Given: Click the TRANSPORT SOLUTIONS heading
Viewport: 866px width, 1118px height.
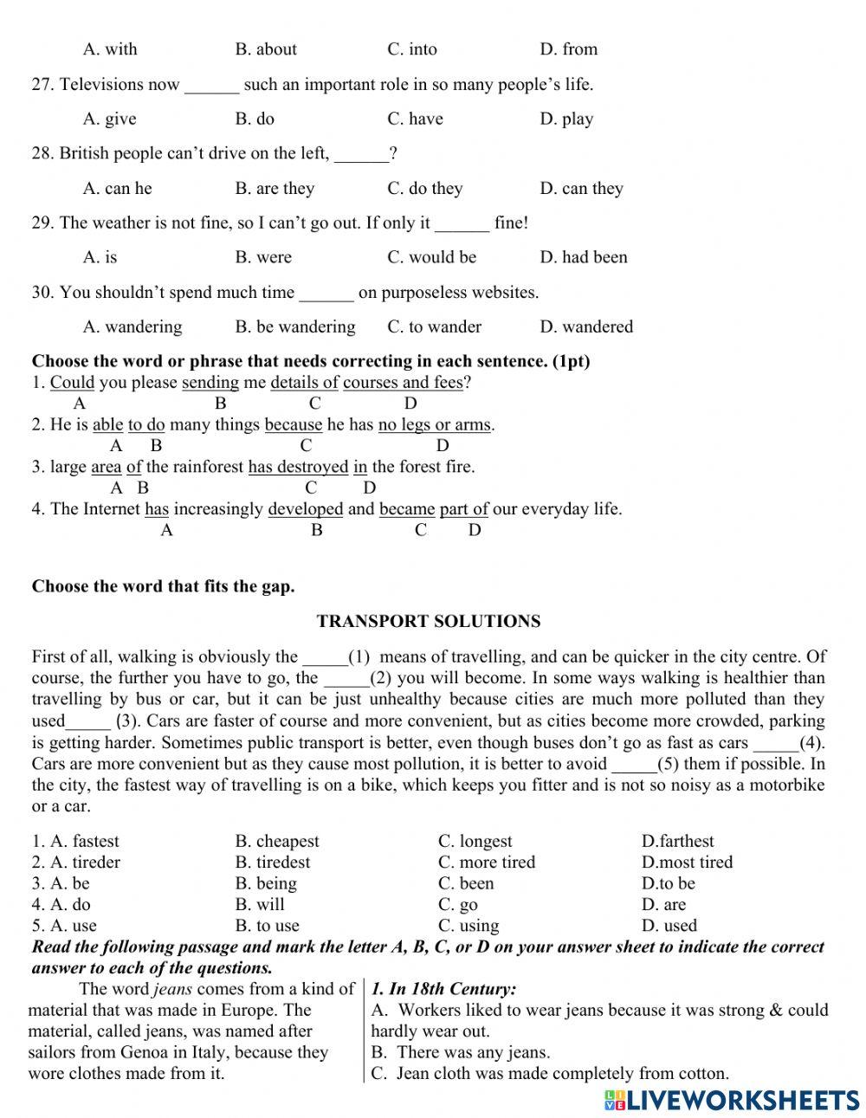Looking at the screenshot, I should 428,621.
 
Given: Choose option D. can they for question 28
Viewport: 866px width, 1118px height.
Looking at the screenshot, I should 581,188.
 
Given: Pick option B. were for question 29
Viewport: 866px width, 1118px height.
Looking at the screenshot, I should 263,257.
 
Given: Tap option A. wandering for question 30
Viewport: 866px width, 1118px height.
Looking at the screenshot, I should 132,326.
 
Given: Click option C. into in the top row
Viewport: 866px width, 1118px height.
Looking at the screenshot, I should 412,49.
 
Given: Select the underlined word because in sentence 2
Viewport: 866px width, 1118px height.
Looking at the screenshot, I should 293,424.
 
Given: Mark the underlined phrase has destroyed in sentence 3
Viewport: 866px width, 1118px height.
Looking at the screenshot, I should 298,467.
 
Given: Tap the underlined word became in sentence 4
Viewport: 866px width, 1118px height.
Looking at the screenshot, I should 407,509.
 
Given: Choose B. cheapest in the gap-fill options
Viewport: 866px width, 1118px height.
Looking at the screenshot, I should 276,841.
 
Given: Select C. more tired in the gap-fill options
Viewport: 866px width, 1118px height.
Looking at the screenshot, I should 486,862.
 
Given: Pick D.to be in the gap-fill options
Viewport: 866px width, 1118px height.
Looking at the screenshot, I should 668,883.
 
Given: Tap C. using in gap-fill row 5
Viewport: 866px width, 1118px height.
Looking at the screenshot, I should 468,926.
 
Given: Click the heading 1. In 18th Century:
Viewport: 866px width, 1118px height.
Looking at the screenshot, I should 443,989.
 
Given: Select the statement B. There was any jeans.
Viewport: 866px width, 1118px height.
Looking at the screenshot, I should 460,1052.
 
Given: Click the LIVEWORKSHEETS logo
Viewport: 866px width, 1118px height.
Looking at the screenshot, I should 731,1099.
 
